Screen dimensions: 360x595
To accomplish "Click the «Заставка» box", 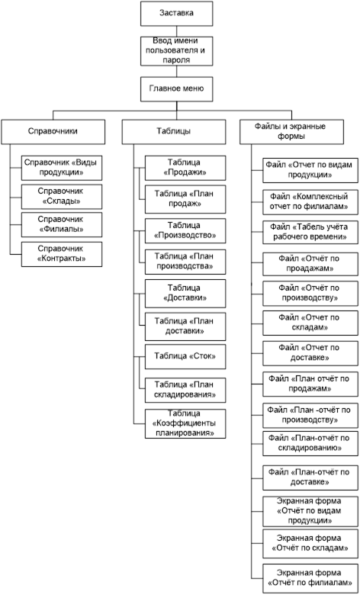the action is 176,13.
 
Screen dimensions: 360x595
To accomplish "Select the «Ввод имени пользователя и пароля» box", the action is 176,51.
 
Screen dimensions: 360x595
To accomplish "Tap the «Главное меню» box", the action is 176,88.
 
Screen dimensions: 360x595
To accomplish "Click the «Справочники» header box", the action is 53,132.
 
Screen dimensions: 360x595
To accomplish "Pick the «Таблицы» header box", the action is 174,132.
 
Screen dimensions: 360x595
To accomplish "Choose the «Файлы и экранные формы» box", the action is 291,132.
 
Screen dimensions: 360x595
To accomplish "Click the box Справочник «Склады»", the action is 62,197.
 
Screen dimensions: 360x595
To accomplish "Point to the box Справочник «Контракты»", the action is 62,254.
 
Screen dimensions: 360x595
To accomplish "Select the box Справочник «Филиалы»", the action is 62,224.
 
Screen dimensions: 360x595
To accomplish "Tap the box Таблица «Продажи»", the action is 185,168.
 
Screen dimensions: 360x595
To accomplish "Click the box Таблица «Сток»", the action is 185,356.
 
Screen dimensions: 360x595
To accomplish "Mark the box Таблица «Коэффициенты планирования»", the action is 185,423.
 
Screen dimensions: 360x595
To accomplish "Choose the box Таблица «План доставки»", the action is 185,326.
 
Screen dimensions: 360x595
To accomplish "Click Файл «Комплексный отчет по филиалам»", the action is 310,202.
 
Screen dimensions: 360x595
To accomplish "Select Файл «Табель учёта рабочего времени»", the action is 310,231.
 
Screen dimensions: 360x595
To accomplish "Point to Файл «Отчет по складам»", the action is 310,323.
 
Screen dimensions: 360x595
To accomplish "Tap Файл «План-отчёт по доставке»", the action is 310,478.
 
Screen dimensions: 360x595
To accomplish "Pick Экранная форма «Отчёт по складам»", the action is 310,544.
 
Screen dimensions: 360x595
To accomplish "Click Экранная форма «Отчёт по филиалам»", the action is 310,578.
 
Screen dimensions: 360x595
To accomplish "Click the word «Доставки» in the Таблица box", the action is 185,297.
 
